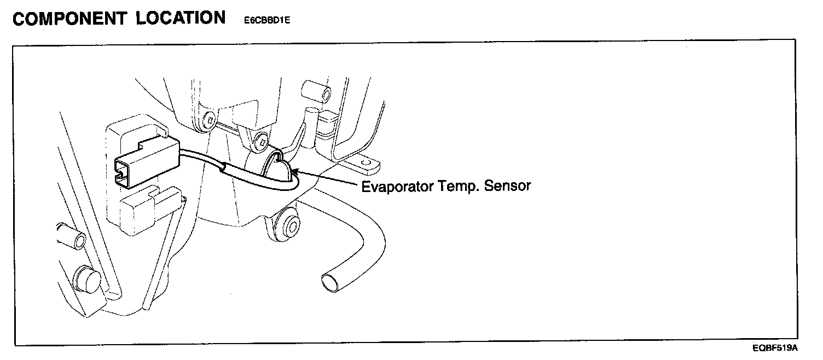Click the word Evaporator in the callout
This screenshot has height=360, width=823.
tap(398, 187)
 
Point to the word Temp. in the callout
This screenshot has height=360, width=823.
tap(461, 187)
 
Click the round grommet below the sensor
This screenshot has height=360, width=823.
tap(287, 225)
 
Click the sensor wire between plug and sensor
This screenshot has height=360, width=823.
tap(219, 167)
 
